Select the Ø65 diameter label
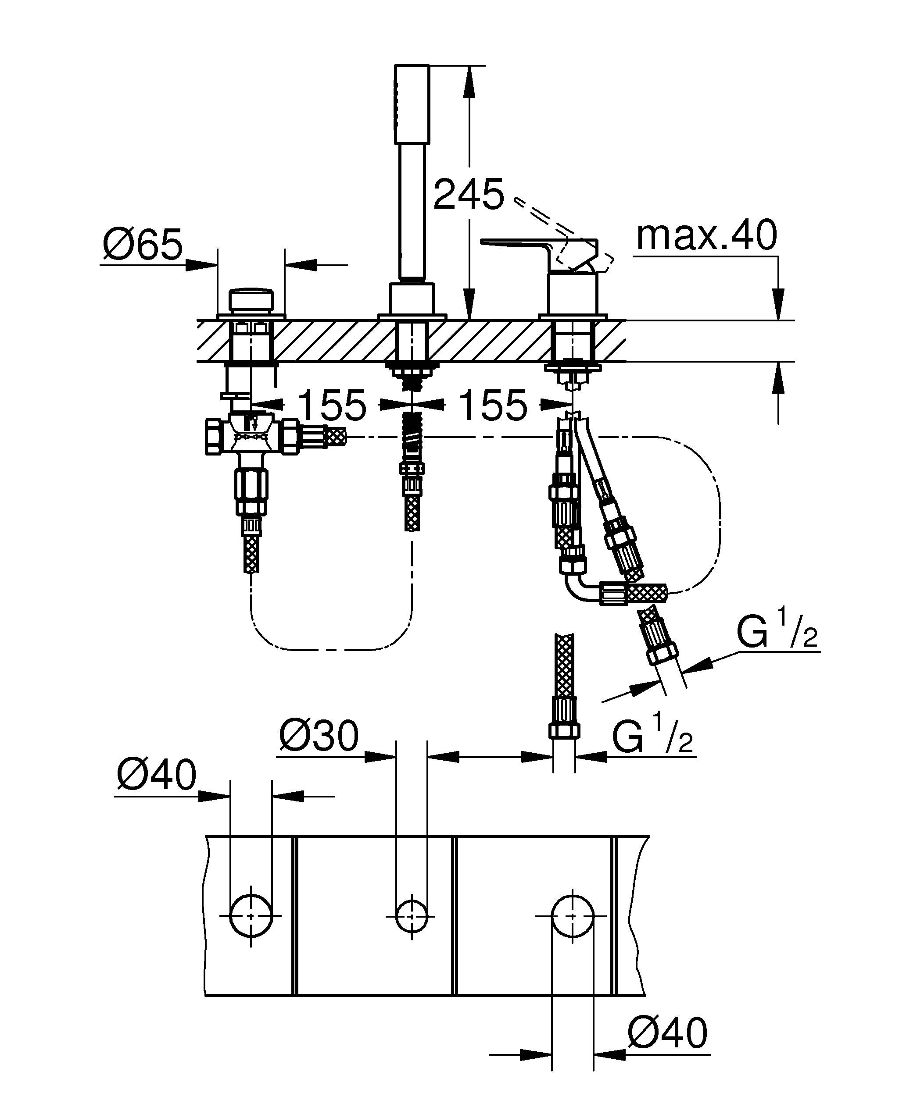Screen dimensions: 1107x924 [143, 245]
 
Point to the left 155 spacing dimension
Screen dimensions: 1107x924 [332, 405]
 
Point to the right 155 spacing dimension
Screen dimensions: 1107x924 [493, 405]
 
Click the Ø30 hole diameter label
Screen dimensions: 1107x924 [319, 737]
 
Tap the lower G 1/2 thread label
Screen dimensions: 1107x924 [652, 734]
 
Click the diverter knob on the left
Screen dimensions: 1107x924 [251, 300]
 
